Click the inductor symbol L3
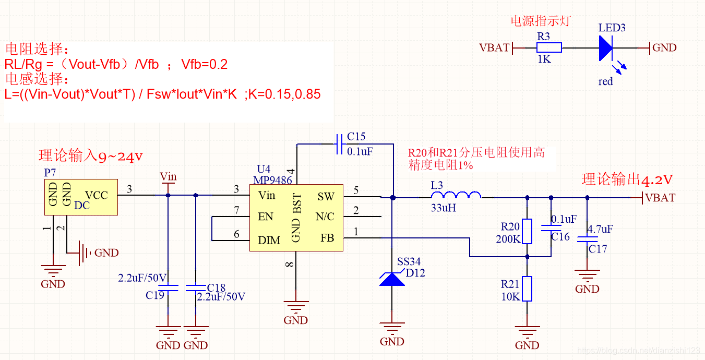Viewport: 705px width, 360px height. tap(456, 196)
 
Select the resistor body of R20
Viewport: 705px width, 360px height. tap(527, 231)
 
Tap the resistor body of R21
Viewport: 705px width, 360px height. tap(527, 289)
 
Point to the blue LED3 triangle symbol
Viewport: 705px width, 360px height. tap(605, 47)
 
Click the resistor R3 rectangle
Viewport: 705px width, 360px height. tap(549, 47)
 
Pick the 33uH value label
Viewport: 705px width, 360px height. tap(444, 207)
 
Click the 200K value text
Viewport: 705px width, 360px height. tap(508, 239)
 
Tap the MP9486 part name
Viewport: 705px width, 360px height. tap(272, 179)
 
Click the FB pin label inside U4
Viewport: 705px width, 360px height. tap(327, 238)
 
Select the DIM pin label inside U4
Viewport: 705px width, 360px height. tap(269, 241)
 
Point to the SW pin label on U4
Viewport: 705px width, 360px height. tap(326, 197)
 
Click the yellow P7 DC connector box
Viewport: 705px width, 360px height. tap(81, 197)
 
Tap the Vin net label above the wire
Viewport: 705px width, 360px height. tap(168, 176)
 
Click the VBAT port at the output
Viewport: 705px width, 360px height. tap(660, 198)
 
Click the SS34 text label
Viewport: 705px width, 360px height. tap(409, 261)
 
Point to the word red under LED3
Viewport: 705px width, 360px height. tap(605, 82)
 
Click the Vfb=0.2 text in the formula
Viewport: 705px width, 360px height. tap(205, 65)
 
